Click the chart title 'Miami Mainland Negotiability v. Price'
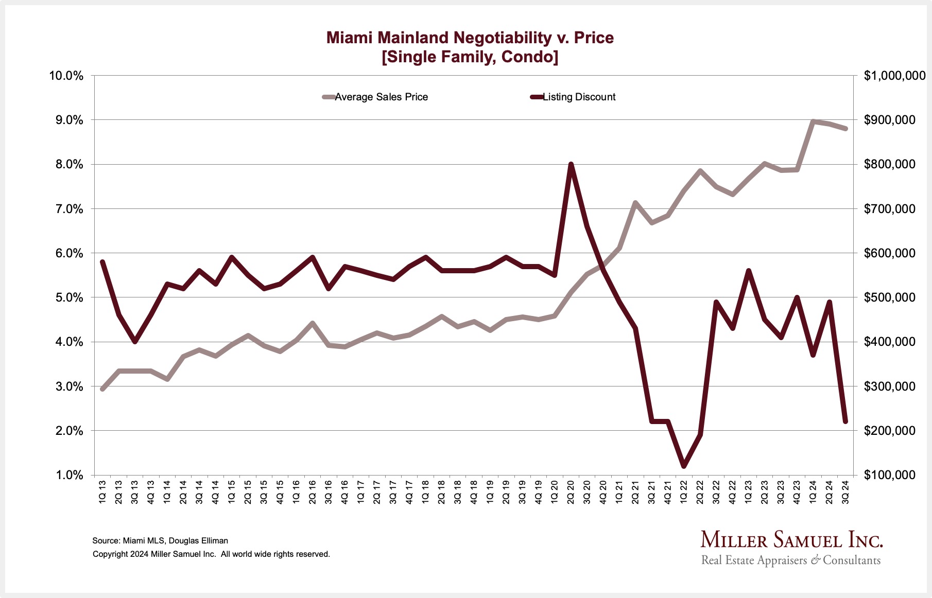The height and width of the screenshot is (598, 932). (x=470, y=38)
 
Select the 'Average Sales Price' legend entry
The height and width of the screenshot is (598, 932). (x=381, y=97)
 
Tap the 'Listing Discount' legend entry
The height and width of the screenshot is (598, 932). (x=579, y=97)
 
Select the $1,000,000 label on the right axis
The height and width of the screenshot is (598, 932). (x=894, y=76)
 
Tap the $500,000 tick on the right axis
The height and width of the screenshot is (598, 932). (x=890, y=297)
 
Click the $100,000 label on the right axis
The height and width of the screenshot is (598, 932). (x=890, y=475)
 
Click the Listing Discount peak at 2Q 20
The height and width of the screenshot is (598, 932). (x=571, y=165)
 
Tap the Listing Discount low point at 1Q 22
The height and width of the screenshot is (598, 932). (x=684, y=466)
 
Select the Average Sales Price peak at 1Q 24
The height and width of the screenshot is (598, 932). (x=813, y=121)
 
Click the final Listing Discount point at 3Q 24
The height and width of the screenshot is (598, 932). (x=845, y=421)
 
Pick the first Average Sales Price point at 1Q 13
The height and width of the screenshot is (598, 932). (x=102, y=389)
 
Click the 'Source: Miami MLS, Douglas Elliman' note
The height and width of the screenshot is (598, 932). (x=160, y=541)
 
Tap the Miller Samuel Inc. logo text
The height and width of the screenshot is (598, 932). (x=791, y=540)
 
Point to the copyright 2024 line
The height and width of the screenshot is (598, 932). (x=211, y=554)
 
